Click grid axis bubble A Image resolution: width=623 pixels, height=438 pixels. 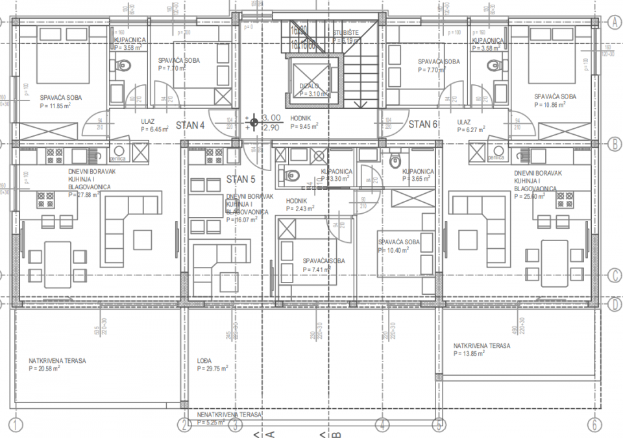pos(613,21)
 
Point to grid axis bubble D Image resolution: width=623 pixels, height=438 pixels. pos(613,303)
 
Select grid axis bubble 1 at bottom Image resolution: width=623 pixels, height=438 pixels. pos(16,425)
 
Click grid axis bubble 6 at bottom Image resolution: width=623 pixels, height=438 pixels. pos(593,425)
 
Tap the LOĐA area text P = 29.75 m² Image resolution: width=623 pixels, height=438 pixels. pos(212,369)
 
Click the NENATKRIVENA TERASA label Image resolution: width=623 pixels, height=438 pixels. pos(229,414)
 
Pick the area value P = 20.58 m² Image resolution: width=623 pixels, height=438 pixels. pos(45,368)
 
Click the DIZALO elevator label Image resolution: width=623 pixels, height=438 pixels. pos(310,86)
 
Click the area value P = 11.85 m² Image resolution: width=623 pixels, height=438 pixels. pos(56,106)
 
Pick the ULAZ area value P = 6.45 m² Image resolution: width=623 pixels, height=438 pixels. pos(154,129)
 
